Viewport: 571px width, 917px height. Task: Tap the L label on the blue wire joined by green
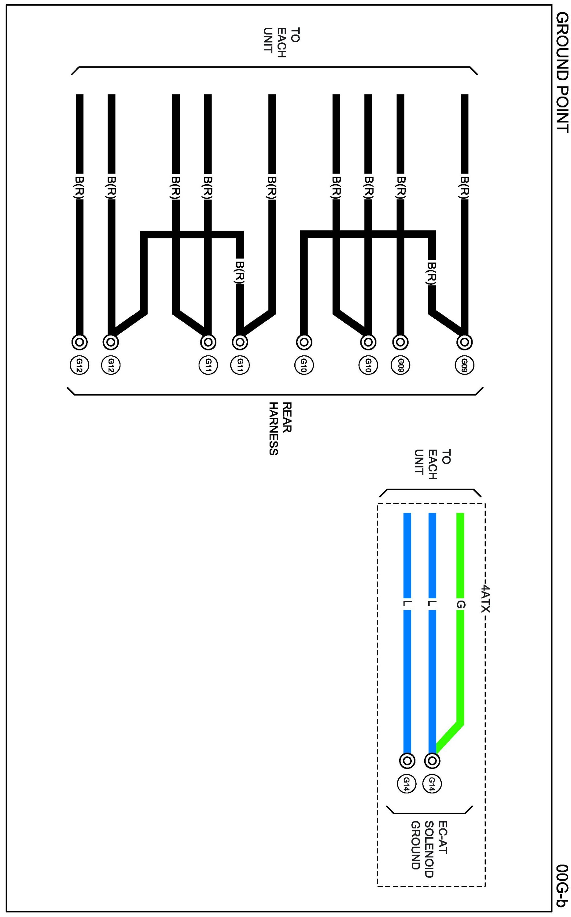click(x=432, y=604)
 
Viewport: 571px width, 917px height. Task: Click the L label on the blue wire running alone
click(x=407, y=604)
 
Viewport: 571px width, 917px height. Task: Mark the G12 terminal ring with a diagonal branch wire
click(x=111, y=342)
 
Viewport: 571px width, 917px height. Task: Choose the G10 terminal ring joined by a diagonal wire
click(x=368, y=342)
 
